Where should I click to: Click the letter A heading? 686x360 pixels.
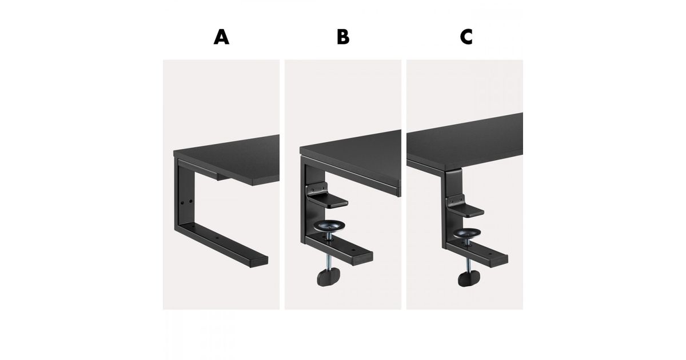pos(221,37)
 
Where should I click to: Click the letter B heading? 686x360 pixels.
pos(343,37)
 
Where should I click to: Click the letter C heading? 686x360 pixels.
pos(466,37)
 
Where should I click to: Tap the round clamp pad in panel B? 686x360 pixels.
pos(329,226)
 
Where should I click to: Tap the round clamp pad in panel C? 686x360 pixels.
pos(466,233)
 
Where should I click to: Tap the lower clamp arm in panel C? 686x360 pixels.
pos(476,254)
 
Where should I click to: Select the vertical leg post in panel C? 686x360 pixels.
pos(452,208)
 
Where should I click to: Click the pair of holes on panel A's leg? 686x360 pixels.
pos(186,202)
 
